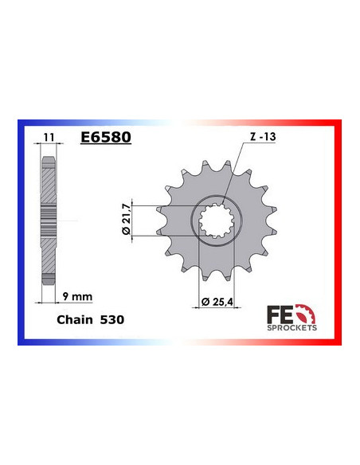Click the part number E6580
coord(105,136)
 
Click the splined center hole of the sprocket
coord(213,221)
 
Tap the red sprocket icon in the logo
coord(308,313)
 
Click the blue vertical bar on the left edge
coord(20,231)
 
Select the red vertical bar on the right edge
coord(339,231)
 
